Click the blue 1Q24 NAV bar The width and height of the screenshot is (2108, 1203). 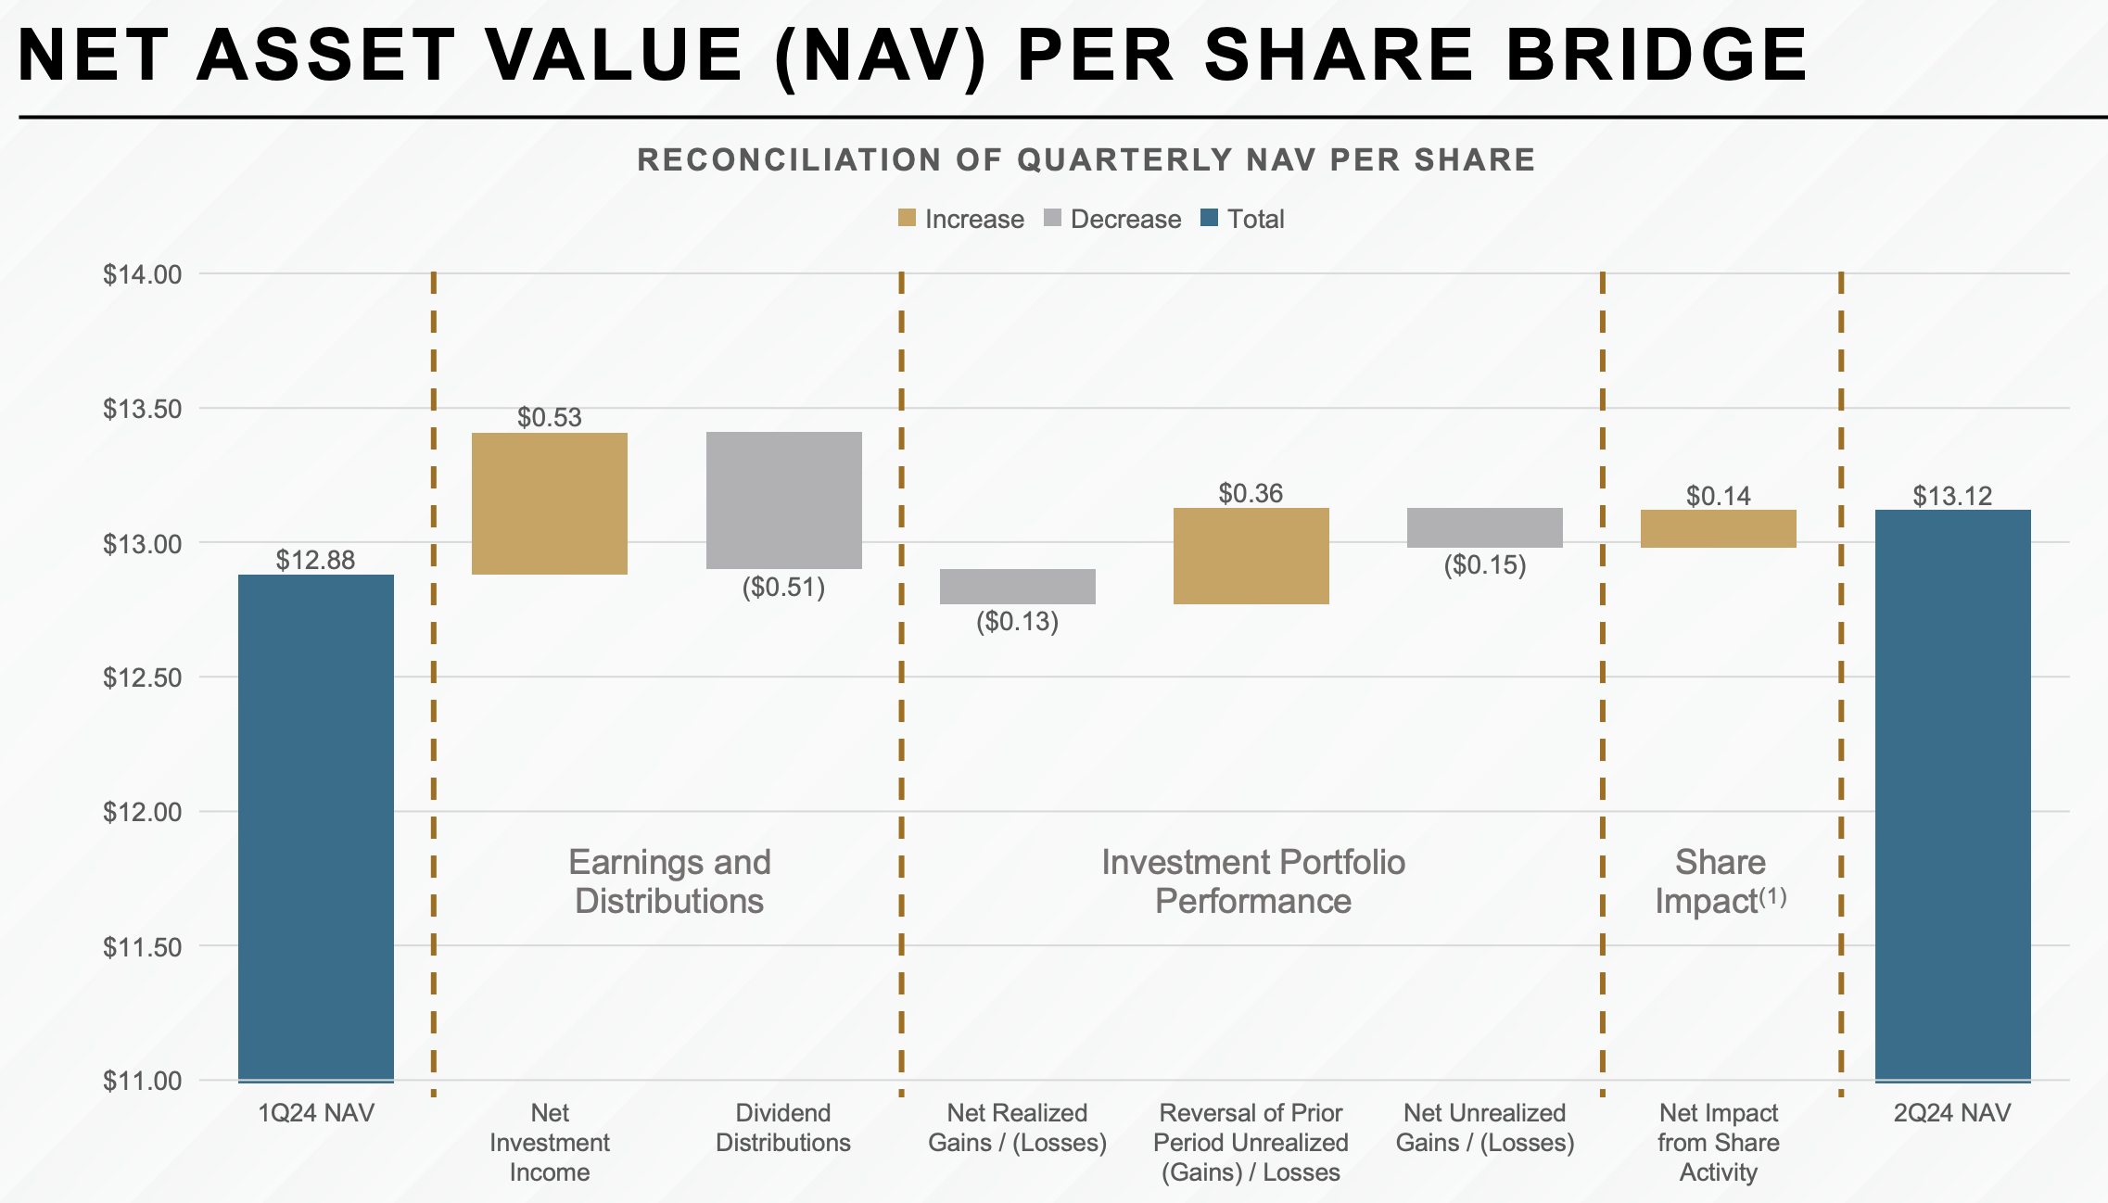[316, 828]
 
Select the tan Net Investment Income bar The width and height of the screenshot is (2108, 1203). [550, 503]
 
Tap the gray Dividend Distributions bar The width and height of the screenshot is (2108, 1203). [784, 500]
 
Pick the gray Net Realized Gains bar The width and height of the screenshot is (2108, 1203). [1018, 587]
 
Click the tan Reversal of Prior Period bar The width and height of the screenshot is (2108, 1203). [1251, 556]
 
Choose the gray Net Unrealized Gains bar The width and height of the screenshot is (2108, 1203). [1485, 527]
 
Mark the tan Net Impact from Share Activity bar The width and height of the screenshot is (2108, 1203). [1719, 528]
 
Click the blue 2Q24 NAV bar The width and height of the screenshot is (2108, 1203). [1953, 795]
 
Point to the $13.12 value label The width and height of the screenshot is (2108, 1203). [1953, 496]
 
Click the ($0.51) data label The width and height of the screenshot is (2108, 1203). [783, 587]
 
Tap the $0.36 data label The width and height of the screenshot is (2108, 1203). [1251, 493]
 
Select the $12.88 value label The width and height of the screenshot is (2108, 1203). [315, 560]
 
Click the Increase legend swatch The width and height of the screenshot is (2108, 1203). [907, 219]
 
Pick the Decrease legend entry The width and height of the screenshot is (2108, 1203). [1112, 219]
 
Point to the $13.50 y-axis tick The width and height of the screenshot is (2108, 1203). [142, 409]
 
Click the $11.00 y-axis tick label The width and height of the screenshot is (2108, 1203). [142, 1081]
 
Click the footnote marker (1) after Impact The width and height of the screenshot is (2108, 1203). [1772, 896]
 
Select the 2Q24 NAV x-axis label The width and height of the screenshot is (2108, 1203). [1952, 1112]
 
